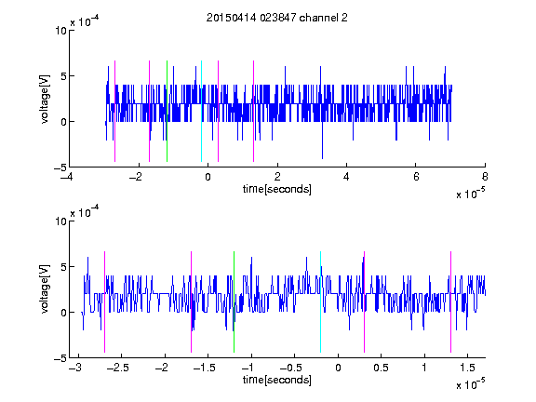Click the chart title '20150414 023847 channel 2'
point(277,18)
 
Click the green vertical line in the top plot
point(167,111)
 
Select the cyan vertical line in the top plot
point(201,111)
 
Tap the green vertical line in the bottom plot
point(234,301)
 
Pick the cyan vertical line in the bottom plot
point(320,301)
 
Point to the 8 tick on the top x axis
point(485,177)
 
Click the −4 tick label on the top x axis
point(66,177)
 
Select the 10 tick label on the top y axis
point(60,31)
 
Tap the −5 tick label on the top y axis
point(60,167)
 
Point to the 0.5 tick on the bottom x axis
point(381,368)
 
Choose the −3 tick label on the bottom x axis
point(75,368)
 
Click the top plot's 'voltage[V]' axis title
point(45,99)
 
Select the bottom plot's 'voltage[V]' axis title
point(45,289)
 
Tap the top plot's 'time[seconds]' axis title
point(277,189)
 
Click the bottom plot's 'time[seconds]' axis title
point(277,380)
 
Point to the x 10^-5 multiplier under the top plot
point(470,194)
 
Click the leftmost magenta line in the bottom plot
point(104,301)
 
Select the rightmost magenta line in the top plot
point(253,111)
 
